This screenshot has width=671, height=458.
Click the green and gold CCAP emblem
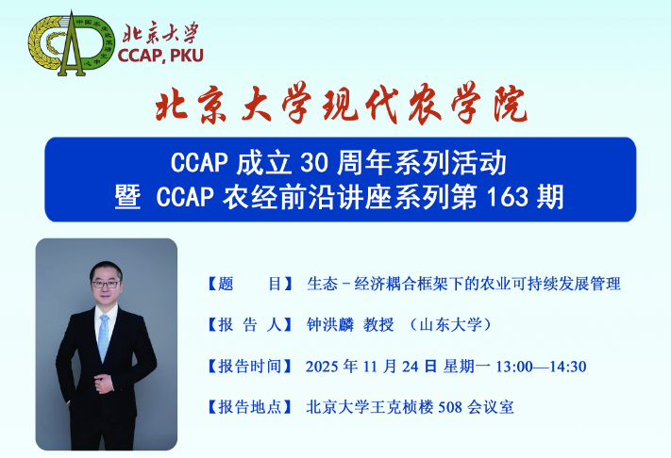tap(72, 44)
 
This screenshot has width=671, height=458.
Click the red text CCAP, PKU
tap(160, 56)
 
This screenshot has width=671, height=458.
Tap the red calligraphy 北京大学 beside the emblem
tap(160, 32)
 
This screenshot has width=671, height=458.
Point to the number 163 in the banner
tap(507, 197)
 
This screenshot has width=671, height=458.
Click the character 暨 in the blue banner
tap(127, 197)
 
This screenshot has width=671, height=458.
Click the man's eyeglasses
tap(106, 284)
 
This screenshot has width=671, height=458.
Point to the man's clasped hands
tap(104, 383)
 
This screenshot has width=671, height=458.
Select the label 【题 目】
tap(250, 284)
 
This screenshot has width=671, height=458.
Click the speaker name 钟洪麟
tap(330, 325)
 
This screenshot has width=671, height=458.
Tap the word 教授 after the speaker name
tap(378, 325)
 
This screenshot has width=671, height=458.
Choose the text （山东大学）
tap(450, 325)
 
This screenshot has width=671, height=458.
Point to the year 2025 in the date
tap(322, 367)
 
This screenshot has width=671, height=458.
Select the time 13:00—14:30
tap(541, 367)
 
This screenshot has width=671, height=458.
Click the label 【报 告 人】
tap(250, 325)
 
